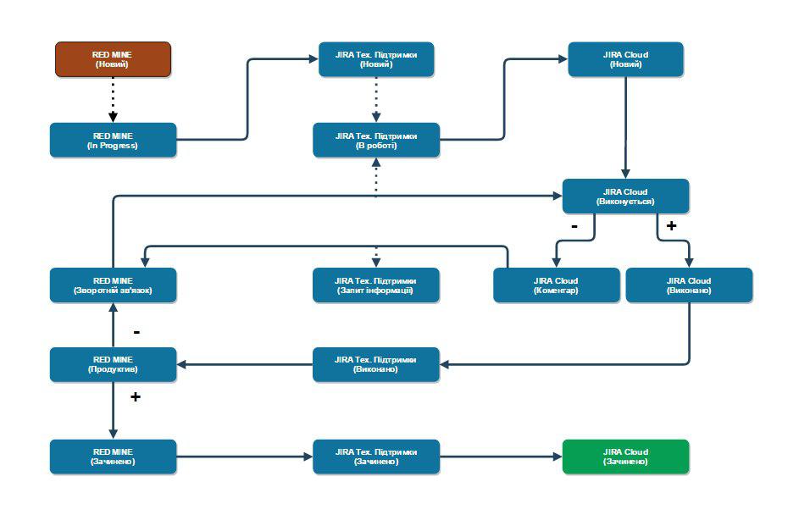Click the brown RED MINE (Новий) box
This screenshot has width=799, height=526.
(x=114, y=59)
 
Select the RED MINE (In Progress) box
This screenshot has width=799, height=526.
(x=113, y=140)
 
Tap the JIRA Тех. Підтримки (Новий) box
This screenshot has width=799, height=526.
(x=376, y=59)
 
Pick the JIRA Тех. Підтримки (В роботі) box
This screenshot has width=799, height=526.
(x=376, y=140)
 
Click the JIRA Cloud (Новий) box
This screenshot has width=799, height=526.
(x=625, y=59)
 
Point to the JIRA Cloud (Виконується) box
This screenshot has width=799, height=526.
(x=625, y=197)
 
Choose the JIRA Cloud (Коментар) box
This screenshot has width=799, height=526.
(x=556, y=285)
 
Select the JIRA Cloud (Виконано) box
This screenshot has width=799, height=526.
(x=689, y=285)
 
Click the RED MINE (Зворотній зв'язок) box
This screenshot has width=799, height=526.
(x=113, y=285)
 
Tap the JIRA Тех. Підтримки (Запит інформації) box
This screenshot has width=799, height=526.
(x=376, y=285)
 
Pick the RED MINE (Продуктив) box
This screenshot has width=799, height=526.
(x=113, y=364)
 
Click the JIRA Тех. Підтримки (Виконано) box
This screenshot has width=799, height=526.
(x=376, y=364)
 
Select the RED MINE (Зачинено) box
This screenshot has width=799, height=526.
(x=113, y=457)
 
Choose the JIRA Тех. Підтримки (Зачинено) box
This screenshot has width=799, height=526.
(x=376, y=457)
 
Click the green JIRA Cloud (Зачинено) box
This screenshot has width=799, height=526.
(x=625, y=457)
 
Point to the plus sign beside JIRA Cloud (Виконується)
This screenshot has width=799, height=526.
(x=671, y=226)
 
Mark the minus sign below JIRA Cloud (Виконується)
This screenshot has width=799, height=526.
(x=574, y=226)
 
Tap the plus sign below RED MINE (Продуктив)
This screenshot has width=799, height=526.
(x=135, y=396)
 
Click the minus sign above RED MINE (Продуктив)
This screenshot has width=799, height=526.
(x=136, y=331)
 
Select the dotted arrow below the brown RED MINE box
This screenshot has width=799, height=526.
(x=113, y=99)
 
